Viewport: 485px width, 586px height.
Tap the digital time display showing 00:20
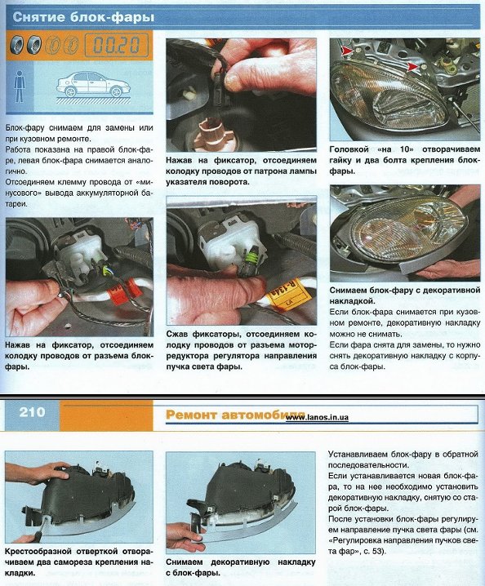(116, 45)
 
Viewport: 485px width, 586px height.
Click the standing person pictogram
(19, 87)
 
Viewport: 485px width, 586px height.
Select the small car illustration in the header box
(93, 84)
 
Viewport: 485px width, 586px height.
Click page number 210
(32, 412)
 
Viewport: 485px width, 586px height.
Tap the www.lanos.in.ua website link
(317, 418)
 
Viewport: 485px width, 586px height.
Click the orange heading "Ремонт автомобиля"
(235, 415)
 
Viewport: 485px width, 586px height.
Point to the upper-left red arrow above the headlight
(346, 51)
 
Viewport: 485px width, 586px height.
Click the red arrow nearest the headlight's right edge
(412, 67)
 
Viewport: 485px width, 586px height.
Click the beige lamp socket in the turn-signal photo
(211, 132)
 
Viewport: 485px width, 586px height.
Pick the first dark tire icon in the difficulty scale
(17, 45)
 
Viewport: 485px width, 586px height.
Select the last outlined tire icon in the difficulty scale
(71, 45)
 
